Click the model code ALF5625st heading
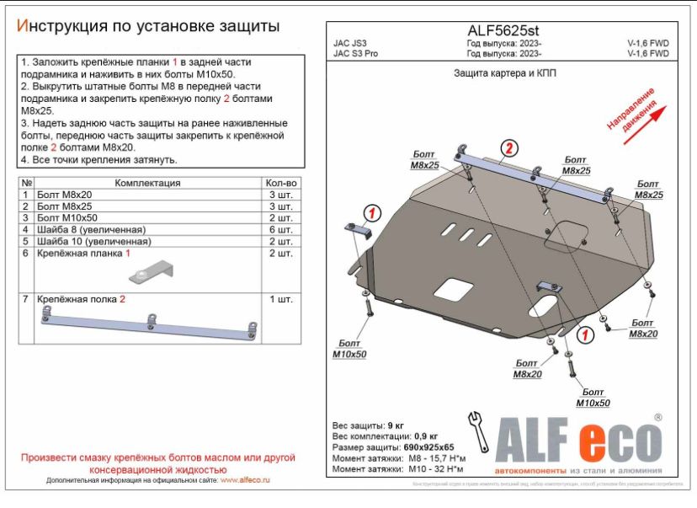click(503, 29)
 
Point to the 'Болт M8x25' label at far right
click(648, 189)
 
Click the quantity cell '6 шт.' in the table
click(281, 229)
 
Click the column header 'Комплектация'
click(146, 182)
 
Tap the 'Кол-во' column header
click(281, 182)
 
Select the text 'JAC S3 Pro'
click(356, 53)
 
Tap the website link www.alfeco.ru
click(245, 480)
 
